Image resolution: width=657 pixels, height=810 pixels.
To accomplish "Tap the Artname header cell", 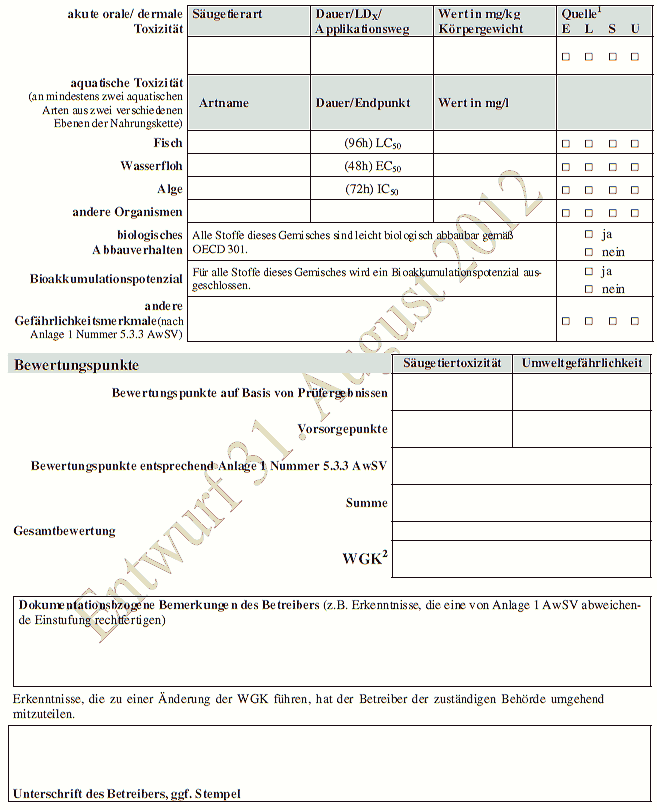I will click(x=224, y=103).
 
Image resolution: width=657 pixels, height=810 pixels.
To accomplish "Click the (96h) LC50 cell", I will click(x=371, y=144).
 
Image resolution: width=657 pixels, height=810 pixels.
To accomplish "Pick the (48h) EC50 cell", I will click(x=371, y=166).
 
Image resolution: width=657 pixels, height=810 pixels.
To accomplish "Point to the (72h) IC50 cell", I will click(x=371, y=189).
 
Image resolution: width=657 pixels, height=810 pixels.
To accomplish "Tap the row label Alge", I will click(x=169, y=189).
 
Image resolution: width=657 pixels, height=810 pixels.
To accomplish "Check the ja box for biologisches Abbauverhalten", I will click(x=589, y=233).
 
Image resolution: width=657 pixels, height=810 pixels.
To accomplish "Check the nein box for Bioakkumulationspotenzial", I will click(x=589, y=289).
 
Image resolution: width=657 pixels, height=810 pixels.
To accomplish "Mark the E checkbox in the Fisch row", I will click(x=565, y=144).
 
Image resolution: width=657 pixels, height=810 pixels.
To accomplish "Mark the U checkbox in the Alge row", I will click(x=634, y=189).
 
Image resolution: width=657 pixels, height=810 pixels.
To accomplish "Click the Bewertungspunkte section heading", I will click(x=76, y=365).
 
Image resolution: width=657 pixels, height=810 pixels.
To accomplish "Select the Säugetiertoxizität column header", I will click(x=452, y=363).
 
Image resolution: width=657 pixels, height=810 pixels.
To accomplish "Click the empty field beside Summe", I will click(x=521, y=502).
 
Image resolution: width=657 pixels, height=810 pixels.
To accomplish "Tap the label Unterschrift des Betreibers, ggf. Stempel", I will click(x=127, y=794).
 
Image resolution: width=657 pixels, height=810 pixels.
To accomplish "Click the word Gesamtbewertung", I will click(x=65, y=531).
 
